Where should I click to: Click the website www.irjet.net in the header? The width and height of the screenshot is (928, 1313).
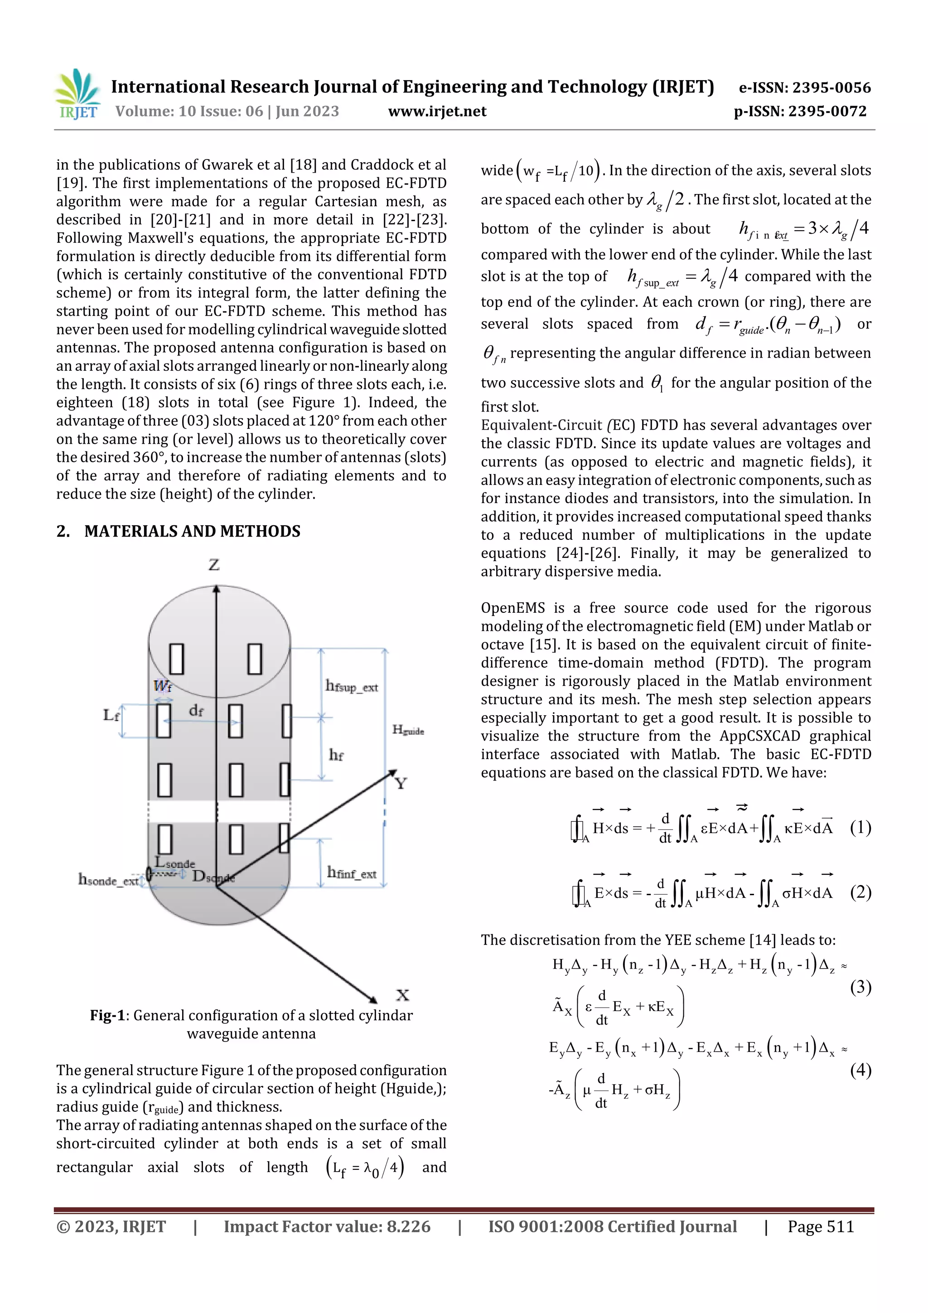[x=437, y=111]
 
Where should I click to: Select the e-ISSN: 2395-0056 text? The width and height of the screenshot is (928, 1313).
[x=804, y=87]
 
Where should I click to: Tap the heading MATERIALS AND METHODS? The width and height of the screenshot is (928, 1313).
[x=192, y=531]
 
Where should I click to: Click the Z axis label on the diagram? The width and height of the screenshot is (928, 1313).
[x=214, y=565]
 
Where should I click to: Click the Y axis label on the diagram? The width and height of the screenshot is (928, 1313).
[x=401, y=784]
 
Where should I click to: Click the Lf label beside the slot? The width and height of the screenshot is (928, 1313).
[x=111, y=715]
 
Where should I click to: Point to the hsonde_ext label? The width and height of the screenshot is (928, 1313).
[x=108, y=880]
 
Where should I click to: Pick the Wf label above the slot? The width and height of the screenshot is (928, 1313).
[x=162, y=685]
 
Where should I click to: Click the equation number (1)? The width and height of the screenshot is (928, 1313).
[x=860, y=827]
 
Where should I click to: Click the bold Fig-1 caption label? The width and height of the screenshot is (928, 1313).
[x=107, y=1015]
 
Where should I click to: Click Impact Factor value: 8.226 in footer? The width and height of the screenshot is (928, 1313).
[x=327, y=1226]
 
